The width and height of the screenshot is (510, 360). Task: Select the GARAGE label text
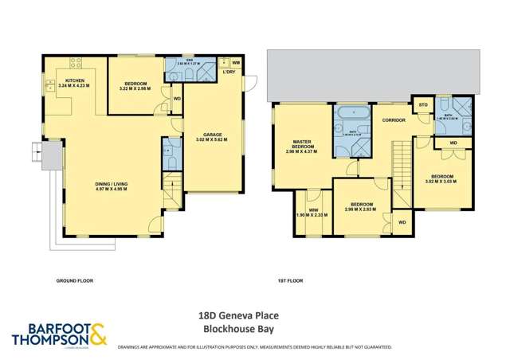pyautogui.click(x=212, y=135)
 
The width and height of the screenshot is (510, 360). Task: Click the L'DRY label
pyautogui.click(x=229, y=73)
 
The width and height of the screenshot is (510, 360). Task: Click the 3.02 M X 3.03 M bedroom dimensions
pyautogui.click(x=442, y=182)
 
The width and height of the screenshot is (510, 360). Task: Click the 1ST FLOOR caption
pyautogui.click(x=288, y=281)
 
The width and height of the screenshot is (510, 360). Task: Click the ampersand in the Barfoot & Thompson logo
pyautogui.click(x=97, y=335)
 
